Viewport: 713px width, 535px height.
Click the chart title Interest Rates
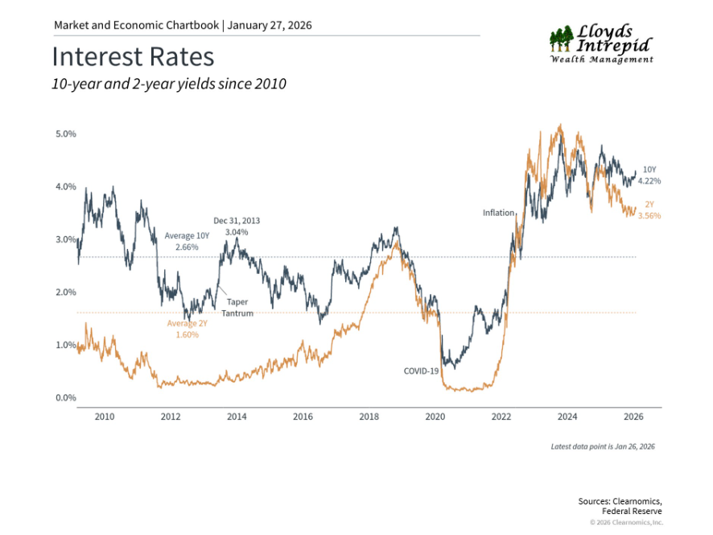[x=133, y=57]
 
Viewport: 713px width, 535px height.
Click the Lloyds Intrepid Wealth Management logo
[x=601, y=44]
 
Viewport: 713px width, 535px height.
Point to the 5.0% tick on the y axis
[x=66, y=134]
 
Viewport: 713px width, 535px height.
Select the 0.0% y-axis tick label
[x=66, y=398]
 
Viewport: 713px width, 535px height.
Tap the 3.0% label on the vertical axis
[x=66, y=239]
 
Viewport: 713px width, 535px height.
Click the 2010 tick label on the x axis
[x=104, y=417]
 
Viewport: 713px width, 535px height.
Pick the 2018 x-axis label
[x=369, y=417]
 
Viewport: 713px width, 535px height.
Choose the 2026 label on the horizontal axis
[x=633, y=417]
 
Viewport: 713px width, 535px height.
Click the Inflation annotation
[x=498, y=213]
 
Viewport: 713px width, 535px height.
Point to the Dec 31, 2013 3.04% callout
[x=237, y=226]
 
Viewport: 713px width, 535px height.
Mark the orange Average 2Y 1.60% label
[x=188, y=329]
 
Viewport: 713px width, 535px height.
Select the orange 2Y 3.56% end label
[x=649, y=210]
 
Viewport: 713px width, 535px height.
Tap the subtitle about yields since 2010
[x=168, y=84]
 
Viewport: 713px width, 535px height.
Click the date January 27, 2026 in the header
[x=270, y=25]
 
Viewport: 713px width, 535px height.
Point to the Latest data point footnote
[x=603, y=446]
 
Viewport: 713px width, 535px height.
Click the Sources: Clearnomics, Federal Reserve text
[x=620, y=506]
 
